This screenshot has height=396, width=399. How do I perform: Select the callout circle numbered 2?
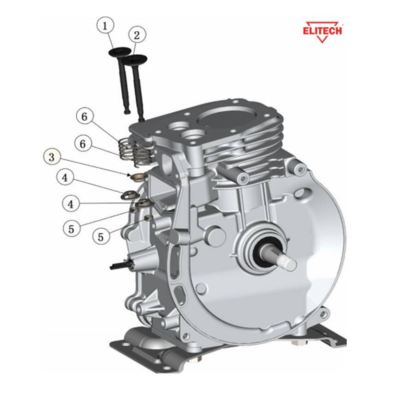click(x=137, y=35)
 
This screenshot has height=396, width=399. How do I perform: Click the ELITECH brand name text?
click(x=322, y=30)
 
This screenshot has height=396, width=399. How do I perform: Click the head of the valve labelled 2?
click(x=136, y=60)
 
